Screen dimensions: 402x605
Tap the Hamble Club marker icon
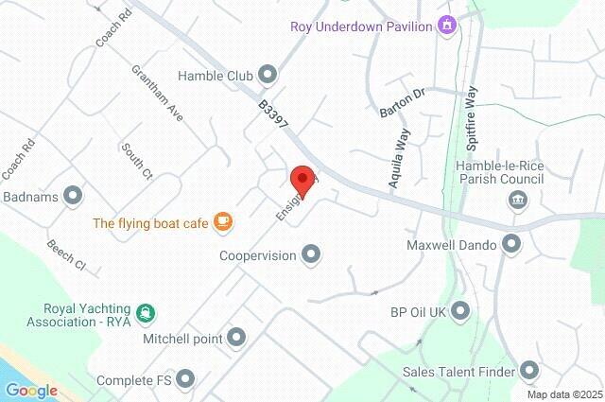[268, 74]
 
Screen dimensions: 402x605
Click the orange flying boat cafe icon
[222, 222]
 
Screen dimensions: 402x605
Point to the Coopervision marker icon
[311, 254]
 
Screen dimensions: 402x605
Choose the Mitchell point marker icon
[236, 338]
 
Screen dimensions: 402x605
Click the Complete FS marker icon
[185, 380]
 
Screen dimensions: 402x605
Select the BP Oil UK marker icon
[460, 310]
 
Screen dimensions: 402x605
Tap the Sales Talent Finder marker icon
[528, 371]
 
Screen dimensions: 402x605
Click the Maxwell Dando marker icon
[512, 245]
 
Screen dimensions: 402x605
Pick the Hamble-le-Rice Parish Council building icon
[517, 199]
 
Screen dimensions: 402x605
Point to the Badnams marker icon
[73, 197]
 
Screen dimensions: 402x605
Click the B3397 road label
[274, 118]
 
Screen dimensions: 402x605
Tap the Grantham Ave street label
[157, 93]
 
